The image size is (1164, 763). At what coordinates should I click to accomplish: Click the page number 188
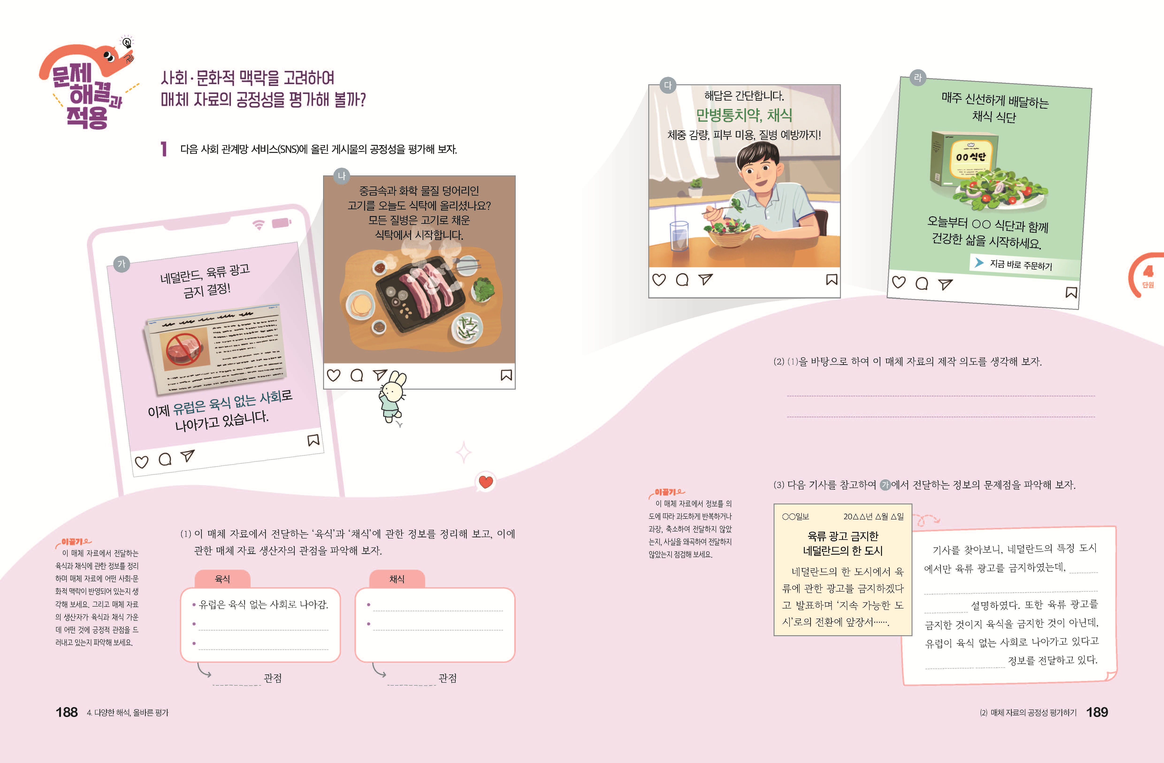pos(66,712)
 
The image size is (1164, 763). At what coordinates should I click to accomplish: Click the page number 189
pos(1097,712)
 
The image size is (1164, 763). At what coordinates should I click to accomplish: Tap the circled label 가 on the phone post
pos(121,264)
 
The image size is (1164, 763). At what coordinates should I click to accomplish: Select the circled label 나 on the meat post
pos(341,176)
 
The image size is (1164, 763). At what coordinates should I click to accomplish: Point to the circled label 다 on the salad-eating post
pos(668,85)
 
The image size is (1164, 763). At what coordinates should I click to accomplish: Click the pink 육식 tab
pos(222,579)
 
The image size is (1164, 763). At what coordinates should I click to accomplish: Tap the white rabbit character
pos(393,396)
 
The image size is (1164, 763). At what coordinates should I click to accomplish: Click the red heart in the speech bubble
pos(486,482)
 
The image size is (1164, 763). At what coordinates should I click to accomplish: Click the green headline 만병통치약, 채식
pos(744,115)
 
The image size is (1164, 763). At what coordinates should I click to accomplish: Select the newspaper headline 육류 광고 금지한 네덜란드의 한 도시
pos(843,543)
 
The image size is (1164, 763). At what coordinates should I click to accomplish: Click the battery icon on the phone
pos(281,223)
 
